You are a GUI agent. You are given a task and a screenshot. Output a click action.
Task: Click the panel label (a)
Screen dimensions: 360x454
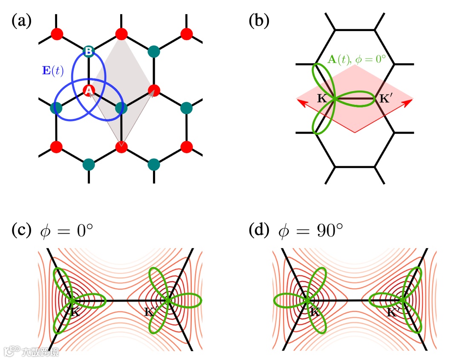pyautogui.click(x=21, y=20)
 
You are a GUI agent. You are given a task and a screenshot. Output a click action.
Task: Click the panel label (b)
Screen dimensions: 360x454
pyautogui.click(x=259, y=20)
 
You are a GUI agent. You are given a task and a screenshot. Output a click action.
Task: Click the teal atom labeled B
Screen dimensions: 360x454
pyautogui.click(x=89, y=51)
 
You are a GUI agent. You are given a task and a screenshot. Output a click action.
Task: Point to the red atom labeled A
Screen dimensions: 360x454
pyautogui.click(x=89, y=90)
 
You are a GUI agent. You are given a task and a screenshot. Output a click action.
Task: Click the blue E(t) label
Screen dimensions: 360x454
pyautogui.click(x=53, y=71)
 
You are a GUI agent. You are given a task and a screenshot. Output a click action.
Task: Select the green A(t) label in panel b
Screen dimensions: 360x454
pyautogui.click(x=341, y=59)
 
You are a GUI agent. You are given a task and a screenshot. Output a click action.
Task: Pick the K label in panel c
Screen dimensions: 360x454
pyautogui.click(x=75, y=312)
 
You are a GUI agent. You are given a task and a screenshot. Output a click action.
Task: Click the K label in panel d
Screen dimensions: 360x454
pyautogui.click(x=315, y=312)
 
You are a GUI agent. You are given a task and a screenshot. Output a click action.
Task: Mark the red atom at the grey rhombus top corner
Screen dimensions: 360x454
pyautogui.click(x=121, y=33)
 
